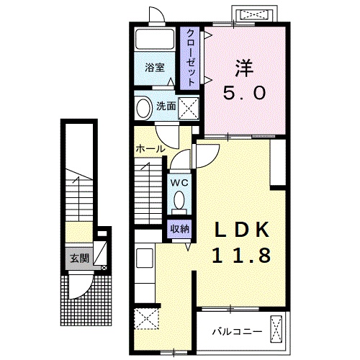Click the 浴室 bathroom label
tap(155, 68)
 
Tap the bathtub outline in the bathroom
tap(155, 39)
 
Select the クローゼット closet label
tap(190, 58)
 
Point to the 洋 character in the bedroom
tap(244, 68)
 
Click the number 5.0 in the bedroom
tap(244, 93)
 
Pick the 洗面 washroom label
tap(166, 106)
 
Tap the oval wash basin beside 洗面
tap(143, 107)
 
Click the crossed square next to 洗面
tap(189, 109)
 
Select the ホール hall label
tap(150, 149)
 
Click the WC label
tap(179, 183)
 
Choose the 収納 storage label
tap(180, 229)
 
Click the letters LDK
tap(241, 230)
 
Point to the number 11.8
tap(241, 255)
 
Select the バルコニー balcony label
tap(237, 332)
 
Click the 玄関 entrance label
tap(79, 258)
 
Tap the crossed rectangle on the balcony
tap(276, 329)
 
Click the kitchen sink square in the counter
tap(145, 258)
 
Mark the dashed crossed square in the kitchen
tap(147, 318)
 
